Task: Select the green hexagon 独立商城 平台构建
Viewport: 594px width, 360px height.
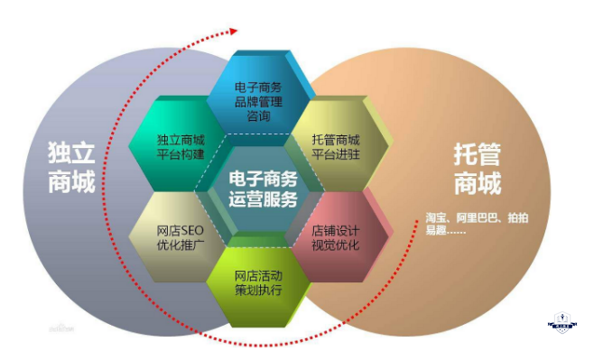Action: click(181, 148)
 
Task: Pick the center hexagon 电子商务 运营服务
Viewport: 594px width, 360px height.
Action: click(263, 190)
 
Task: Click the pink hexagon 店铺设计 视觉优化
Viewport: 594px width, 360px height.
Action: click(336, 236)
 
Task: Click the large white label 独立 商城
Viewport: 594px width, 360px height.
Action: click(70, 168)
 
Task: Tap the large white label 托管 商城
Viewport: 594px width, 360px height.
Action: click(477, 168)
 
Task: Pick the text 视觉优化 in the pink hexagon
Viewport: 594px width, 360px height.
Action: click(335, 245)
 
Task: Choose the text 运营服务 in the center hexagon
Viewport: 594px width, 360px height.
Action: click(263, 199)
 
